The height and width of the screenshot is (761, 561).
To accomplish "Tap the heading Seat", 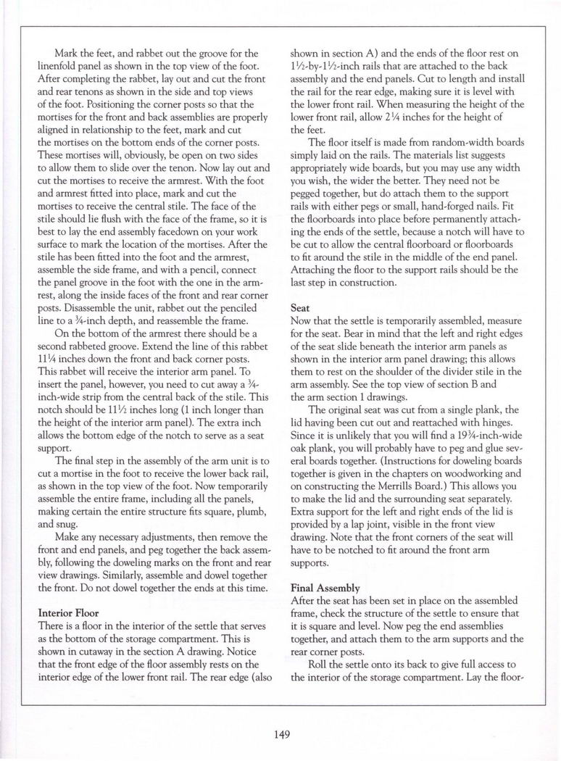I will coord(300,307).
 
